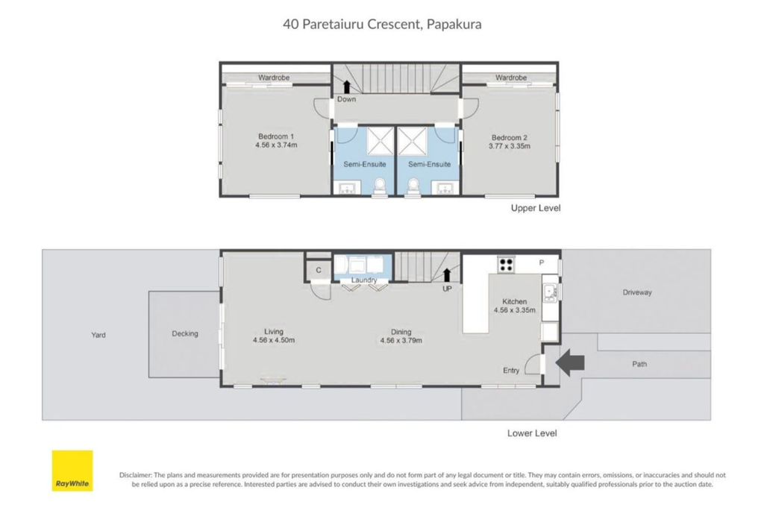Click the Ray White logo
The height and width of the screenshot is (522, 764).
72,471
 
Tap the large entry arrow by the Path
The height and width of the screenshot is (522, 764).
569,362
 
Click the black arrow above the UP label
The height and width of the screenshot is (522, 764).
446,274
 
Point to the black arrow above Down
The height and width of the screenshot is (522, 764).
346,87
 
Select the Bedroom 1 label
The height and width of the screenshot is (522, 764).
276,136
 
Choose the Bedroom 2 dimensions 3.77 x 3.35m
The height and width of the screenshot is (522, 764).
510,146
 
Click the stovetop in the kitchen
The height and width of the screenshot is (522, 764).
507,265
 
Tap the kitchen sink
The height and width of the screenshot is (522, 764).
550,292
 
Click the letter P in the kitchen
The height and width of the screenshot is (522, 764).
542,263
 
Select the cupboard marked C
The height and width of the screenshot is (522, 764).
318,271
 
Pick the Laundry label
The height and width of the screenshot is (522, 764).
364,280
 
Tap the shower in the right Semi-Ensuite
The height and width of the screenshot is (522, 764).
413,141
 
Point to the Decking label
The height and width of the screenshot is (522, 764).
185,334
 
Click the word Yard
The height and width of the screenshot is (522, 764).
98,335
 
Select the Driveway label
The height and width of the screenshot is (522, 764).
637,292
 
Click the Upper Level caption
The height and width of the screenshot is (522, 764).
536,208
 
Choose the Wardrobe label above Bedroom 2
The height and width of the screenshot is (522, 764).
511,78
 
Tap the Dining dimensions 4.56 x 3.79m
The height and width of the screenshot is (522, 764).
401,341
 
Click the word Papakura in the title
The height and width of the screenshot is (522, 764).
454,25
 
